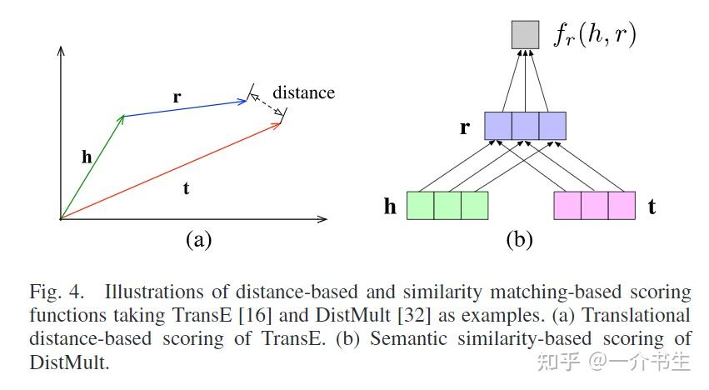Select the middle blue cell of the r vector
pos(525,126)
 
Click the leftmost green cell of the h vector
pos(420,205)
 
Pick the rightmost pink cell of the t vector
pos(622,205)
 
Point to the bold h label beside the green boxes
pos(390,207)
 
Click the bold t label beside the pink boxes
pos(652,207)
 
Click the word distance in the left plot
pos(303,92)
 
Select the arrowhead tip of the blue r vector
pos(248,101)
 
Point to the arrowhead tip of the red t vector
pos(280,122)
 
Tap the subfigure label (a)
pos(197,241)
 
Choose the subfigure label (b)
pos(519,241)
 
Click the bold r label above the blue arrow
pos(177,97)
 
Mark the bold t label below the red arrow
pos(186,188)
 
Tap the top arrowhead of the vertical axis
pos(61,49)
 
